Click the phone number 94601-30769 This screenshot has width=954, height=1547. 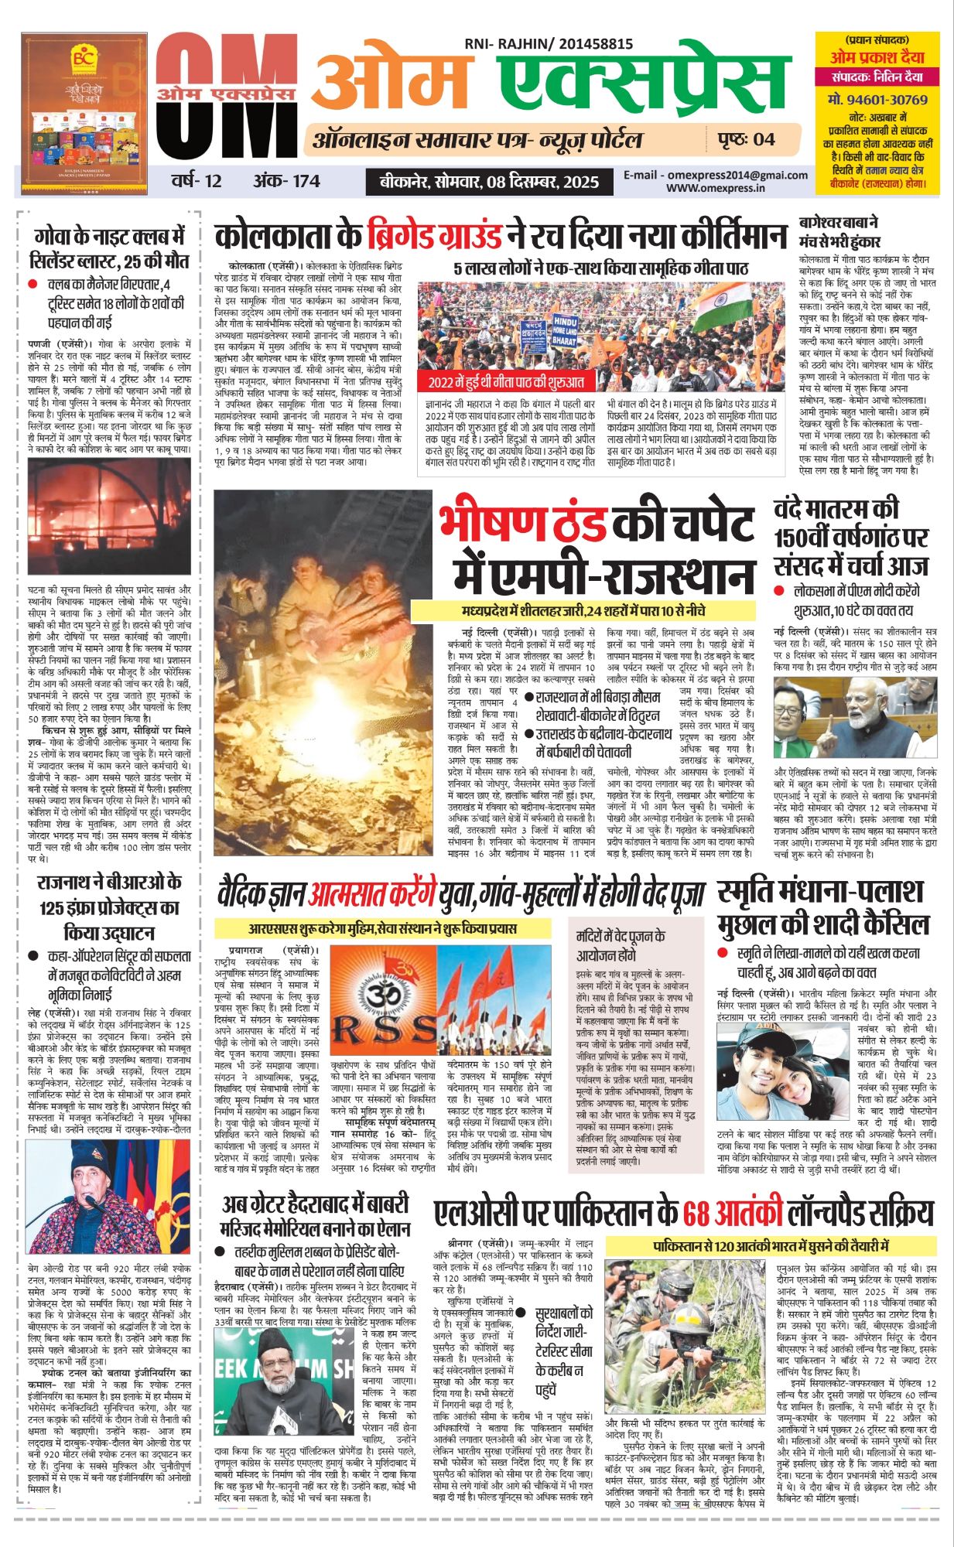coord(877,100)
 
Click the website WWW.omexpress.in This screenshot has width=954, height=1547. coord(716,187)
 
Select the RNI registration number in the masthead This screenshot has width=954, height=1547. coord(549,46)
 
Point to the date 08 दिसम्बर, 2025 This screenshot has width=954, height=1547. coord(542,182)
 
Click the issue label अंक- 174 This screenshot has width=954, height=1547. coord(286,181)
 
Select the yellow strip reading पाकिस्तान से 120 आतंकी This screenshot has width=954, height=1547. coord(770,1246)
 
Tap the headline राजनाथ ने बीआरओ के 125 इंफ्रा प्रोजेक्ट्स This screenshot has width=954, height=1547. coord(109,907)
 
